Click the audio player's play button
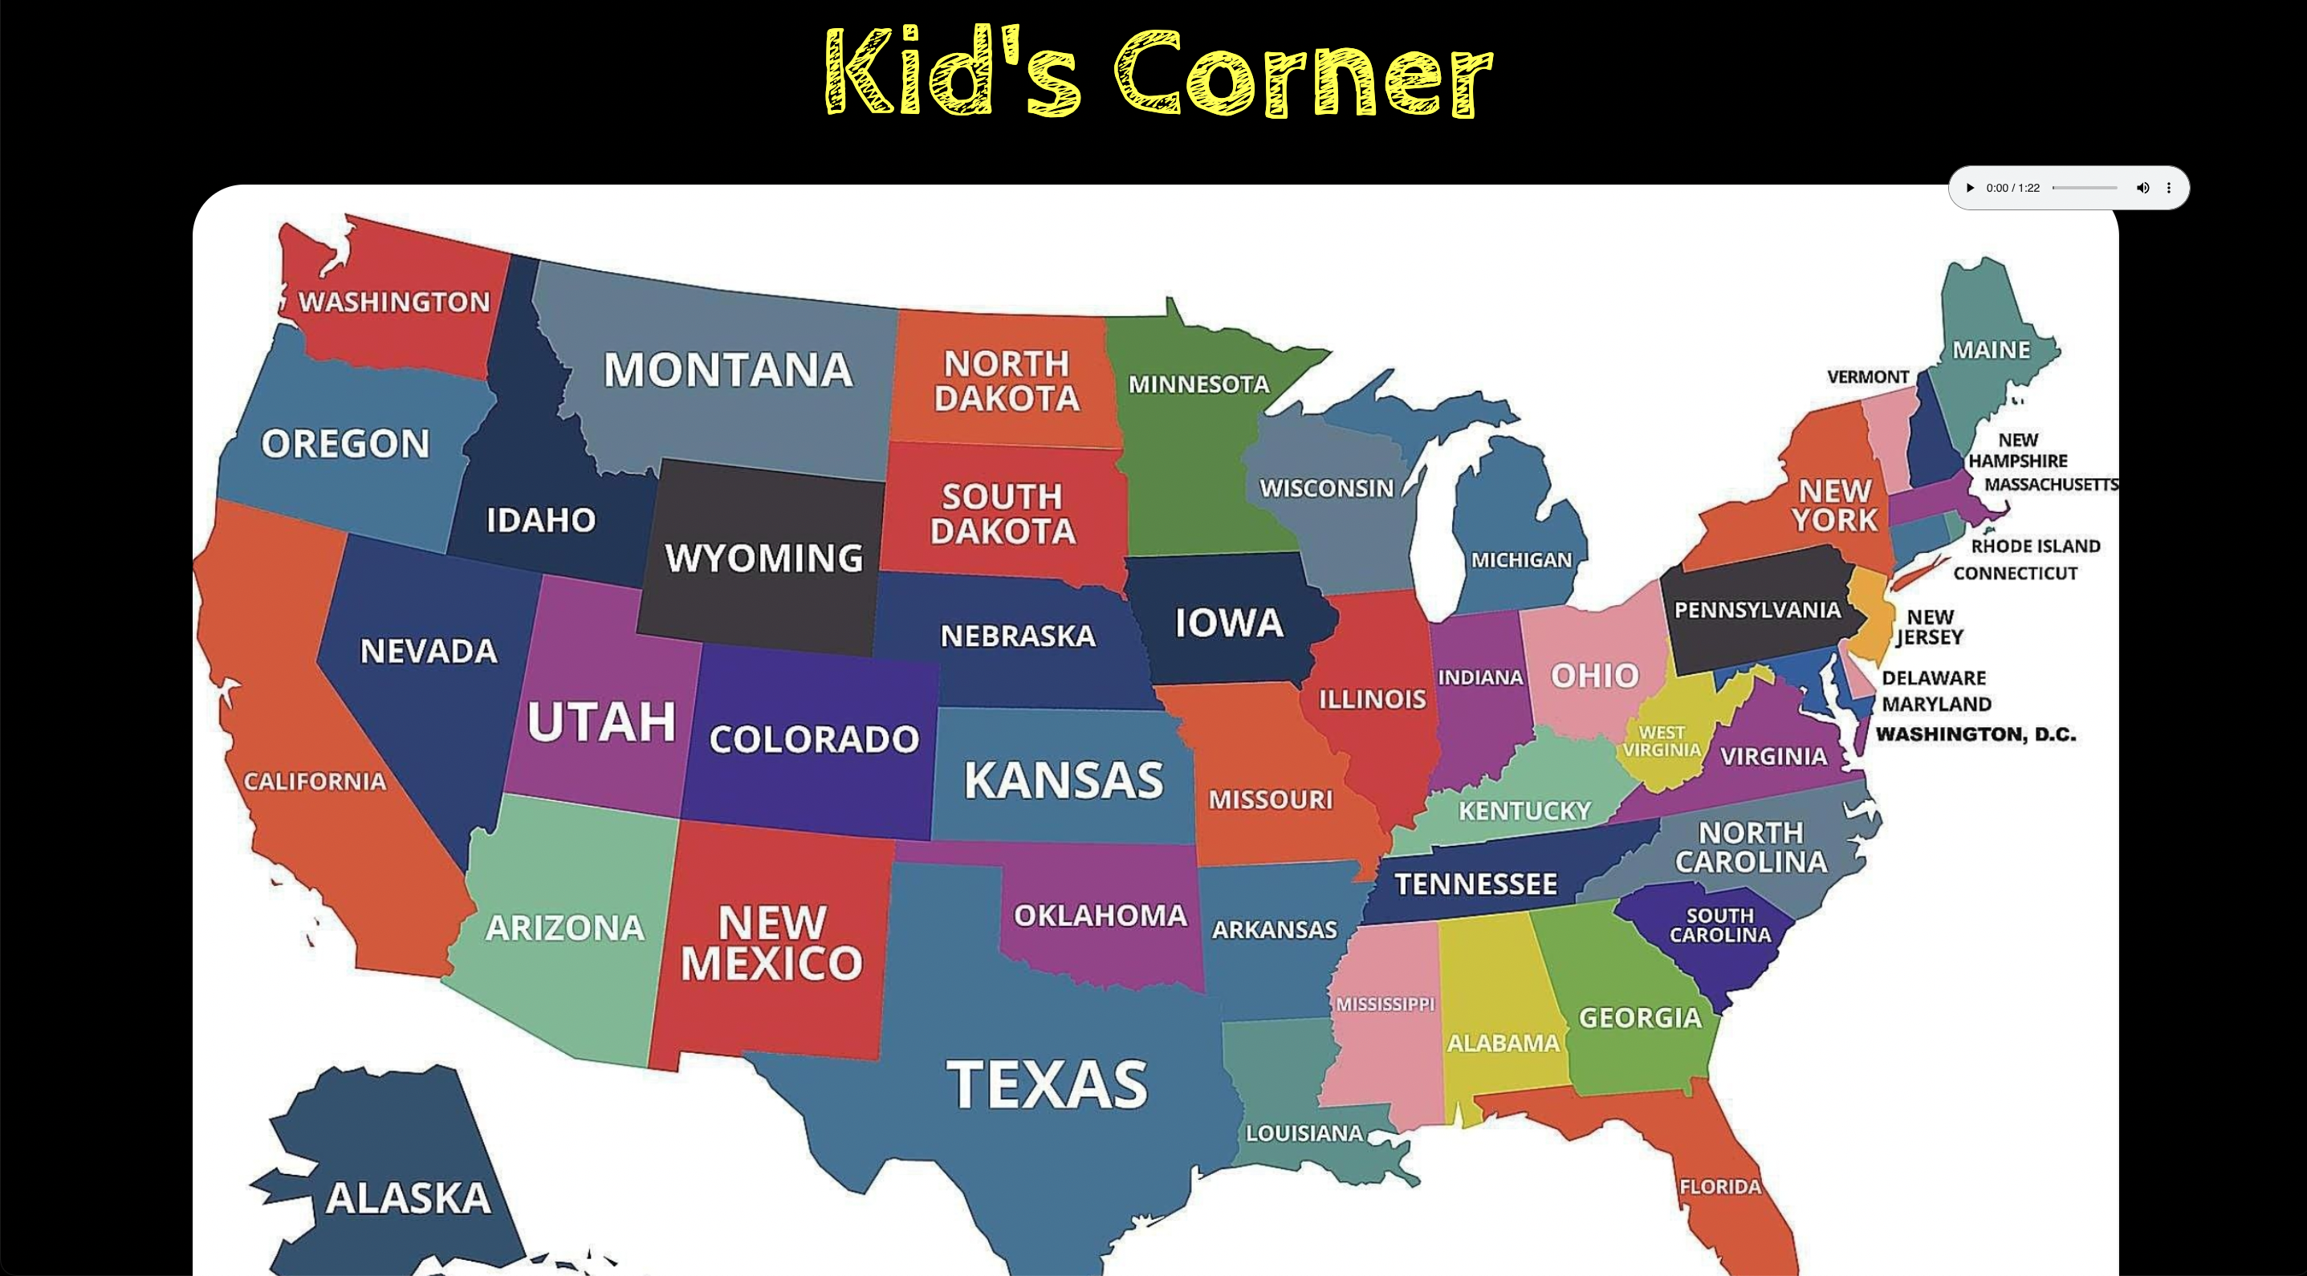pyautogui.click(x=1969, y=188)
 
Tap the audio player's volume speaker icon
pyautogui.click(x=2142, y=188)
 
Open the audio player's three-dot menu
pyautogui.click(x=2168, y=188)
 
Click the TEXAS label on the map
pyautogui.click(x=1047, y=1084)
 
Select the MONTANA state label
pyautogui.click(x=727, y=370)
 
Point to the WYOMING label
pyautogui.click(x=764, y=558)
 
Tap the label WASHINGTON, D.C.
pyautogui.click(x=1975, y=734)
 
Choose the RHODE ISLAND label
pyautogui.click(x=2035, y=547)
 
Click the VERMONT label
pyautogui.click(x=1868, y=377)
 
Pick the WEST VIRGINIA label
pyautogui.click(x=1662, y=742)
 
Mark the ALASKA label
pyautogui.click(x=409, y=1198)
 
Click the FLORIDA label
pyautogui.click(x=1719, y=1186)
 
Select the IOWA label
pyautogui.click(x=1229, y=622)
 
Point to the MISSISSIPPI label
pyautogui.click(x=1385, y=1005)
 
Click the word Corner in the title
pyautogui.click(x=1303, y=73)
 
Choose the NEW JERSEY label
pyautogui.click(x=1929, y=627)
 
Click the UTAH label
pyautogui.click(x=601, y=721)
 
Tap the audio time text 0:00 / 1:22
pyautogui.click(x=2012, y=188)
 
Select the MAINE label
pyautogui.click(x=1991, y=350)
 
